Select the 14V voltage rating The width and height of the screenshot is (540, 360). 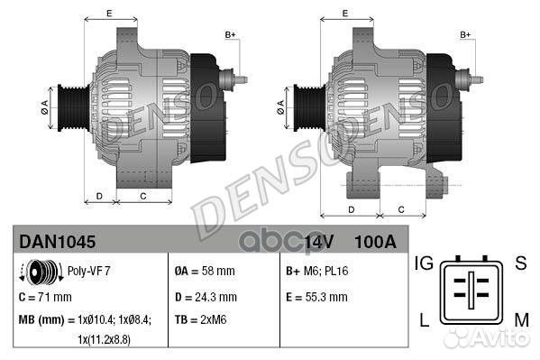tap(318, 242)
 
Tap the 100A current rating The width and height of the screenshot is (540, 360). tap(375, 242)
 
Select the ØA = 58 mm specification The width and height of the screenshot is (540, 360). tap(205, 271)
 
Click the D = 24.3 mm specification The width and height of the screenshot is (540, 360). tap(205, 296)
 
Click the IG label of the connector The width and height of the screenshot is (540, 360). tap(424, 263)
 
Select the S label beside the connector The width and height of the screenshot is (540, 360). tap(519, 263)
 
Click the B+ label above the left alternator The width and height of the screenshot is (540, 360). tap(230, 34)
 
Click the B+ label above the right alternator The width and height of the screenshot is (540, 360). tap(466, 34)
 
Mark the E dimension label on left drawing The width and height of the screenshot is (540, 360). tap(109, 13)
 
